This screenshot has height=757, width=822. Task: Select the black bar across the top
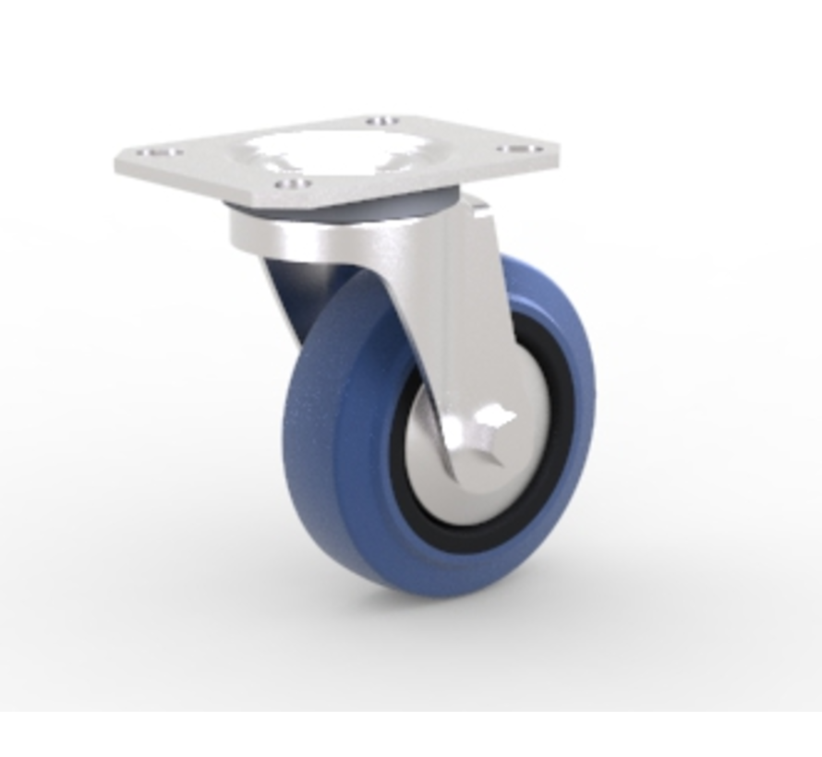tap(411, 23)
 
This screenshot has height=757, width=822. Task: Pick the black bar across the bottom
tap(411, 734)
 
